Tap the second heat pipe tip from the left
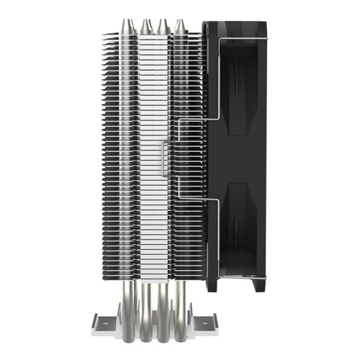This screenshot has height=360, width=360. tap(147, 26)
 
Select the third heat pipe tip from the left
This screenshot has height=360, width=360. tap(163, 26)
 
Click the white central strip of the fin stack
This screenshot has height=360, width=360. tap(154, 108)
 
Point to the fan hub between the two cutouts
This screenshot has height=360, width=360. tap(238, 157)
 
